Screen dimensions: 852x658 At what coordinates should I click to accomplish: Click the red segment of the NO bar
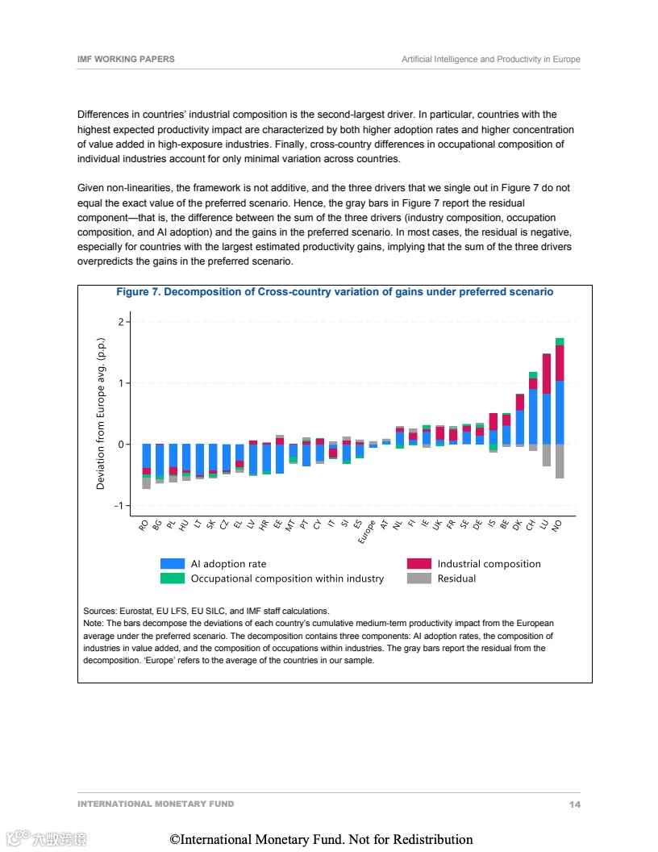pos(560,363)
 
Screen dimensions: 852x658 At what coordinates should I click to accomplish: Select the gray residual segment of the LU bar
pos(547,455)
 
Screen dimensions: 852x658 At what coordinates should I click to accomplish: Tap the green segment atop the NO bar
pos(560,341)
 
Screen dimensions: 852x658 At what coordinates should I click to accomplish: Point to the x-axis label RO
pos(144,525)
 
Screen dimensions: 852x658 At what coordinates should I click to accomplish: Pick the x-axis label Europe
pos(367,533)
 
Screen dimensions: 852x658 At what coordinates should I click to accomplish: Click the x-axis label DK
pos(517,525)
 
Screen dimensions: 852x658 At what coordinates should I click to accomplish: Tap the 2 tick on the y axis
pos(121,322)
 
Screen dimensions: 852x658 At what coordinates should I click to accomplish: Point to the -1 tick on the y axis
pos(119,506)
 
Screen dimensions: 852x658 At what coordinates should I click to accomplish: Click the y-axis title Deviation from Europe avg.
pos(101,413)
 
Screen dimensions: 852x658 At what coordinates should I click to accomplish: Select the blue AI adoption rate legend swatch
pos(173,564)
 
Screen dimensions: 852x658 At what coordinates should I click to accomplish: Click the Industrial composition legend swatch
pos(419,564)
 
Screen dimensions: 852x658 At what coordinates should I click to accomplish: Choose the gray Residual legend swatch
pos(419,578)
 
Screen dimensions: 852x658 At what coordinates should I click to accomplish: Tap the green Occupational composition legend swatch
pos(173,578)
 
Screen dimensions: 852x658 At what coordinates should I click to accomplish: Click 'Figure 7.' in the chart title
pos(138,292)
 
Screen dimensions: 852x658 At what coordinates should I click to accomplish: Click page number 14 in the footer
pos(574,804)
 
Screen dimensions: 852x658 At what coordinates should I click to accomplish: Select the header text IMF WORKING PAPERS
pos(126,60)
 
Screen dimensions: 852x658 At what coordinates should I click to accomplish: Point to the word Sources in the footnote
pos(100,612)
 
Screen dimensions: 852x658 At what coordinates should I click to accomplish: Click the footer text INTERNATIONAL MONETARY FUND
pos(156,804)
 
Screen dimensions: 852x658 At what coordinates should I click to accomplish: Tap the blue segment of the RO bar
pos(146,456)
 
